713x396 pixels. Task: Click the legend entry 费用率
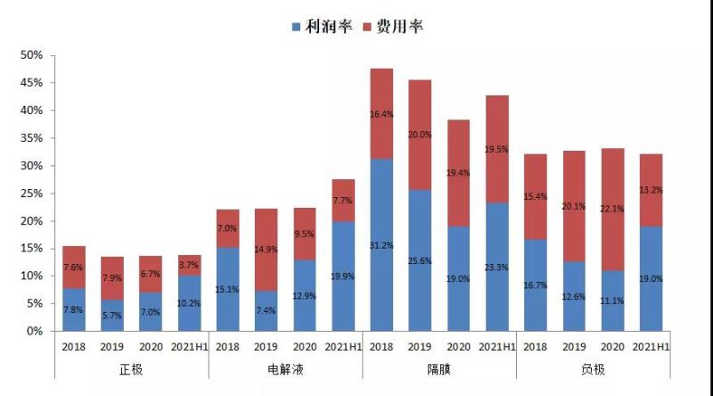click(x=399, y=26)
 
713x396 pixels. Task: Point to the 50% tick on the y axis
click(x=32, y=55)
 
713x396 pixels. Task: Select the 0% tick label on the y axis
click(x=35, y=332)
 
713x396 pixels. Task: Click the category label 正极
click(x=131, y=368)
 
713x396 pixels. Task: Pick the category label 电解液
click(x=284, y=368)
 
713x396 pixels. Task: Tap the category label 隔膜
click(x=438, y=368)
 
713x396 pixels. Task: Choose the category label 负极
click(x=592, y=368)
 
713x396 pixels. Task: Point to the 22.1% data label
click(x=611, y=209)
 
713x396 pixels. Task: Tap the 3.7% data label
click(x=190, y=265)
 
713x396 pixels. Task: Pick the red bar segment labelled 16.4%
click(x=381, y=114)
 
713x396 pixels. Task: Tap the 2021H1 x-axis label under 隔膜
click(x=496, y=348)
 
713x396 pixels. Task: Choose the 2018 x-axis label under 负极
click(x=535, y=348)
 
